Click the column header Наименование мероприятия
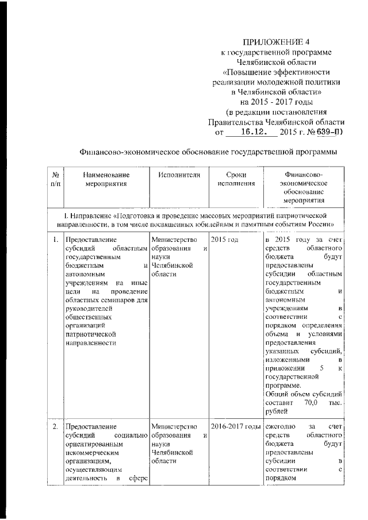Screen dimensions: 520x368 [106, 179]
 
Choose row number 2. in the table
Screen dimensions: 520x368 [54, 427]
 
